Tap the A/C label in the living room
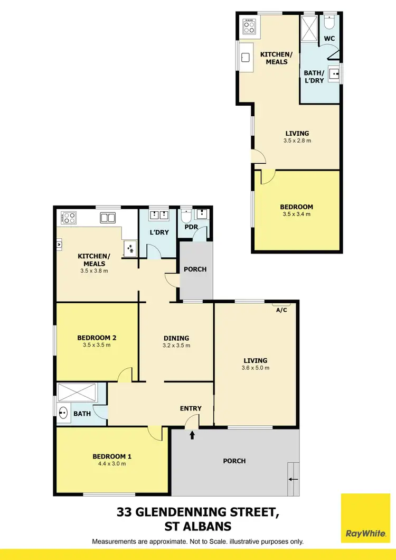[x=281, y=310]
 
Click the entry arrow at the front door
[x=192, y=435]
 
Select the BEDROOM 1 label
[x=109, y=456]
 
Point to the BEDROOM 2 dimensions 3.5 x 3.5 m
[x=97, y=346]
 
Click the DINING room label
[x=176, y=338]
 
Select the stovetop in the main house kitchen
[x=69, y=217]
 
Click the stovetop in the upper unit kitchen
[x=248, y=25]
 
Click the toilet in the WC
[x=330, y=23]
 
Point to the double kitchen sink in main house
[x=108, y=217]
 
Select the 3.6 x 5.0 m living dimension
[x=256, y=368]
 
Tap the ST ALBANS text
[x=197, y=527]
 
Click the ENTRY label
[x=191, y=408]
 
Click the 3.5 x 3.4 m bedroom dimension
[x=296, y=214]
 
